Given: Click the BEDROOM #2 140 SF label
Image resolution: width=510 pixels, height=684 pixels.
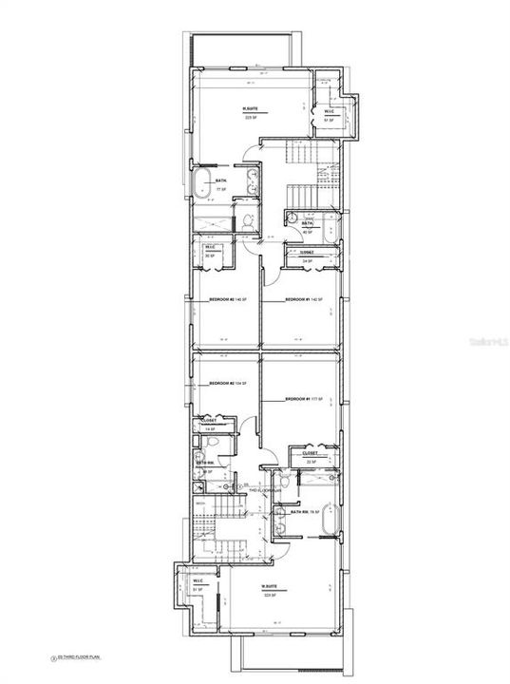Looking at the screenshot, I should click(227, 300).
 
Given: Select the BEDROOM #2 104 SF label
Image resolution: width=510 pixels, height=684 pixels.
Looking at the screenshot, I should click(227, 383).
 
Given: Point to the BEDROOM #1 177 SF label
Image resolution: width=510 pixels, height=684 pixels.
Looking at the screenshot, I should click(304, 398).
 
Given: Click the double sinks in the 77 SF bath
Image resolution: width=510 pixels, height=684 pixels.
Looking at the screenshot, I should click(254, 182).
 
